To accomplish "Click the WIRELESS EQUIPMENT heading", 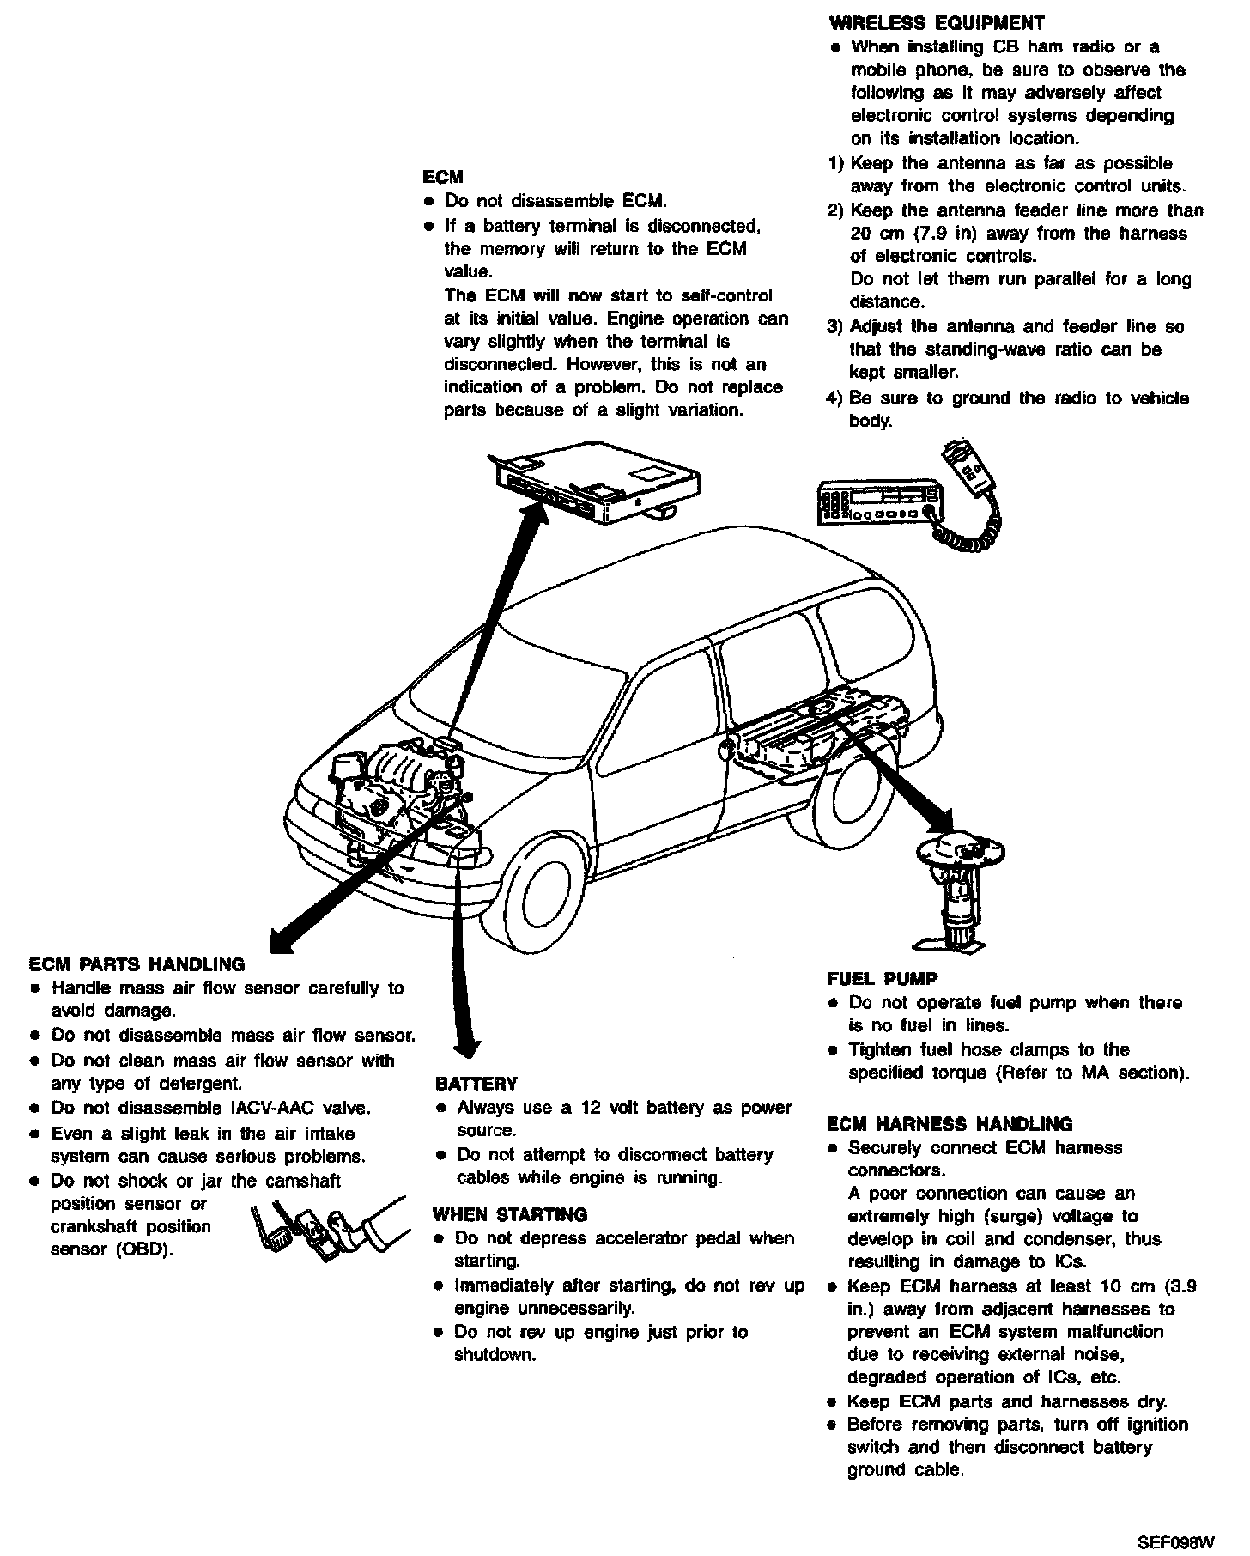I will click(937, 23).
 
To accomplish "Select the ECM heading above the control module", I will click(443, 177).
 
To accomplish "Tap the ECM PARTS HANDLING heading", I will click(137, 964).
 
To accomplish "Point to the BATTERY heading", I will click(476, 1084).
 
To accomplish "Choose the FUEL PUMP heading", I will click(882, 979).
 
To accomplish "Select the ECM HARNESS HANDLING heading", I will click(950, 1124).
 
